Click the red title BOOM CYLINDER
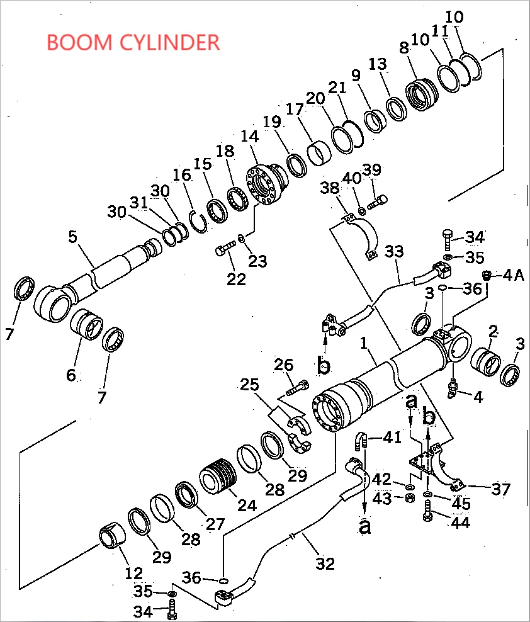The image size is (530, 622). pos(133,42)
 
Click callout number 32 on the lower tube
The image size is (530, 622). pos(325,563)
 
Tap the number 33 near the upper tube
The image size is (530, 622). pos(394,252)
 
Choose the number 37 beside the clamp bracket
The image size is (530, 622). pos(501,489)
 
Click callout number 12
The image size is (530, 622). pos(133,573)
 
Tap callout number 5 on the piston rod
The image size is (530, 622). pos(72,237)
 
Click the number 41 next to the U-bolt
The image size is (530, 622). pos(392,436)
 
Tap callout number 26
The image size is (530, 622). pos(284,365)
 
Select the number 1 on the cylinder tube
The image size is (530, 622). pos(363,344)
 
